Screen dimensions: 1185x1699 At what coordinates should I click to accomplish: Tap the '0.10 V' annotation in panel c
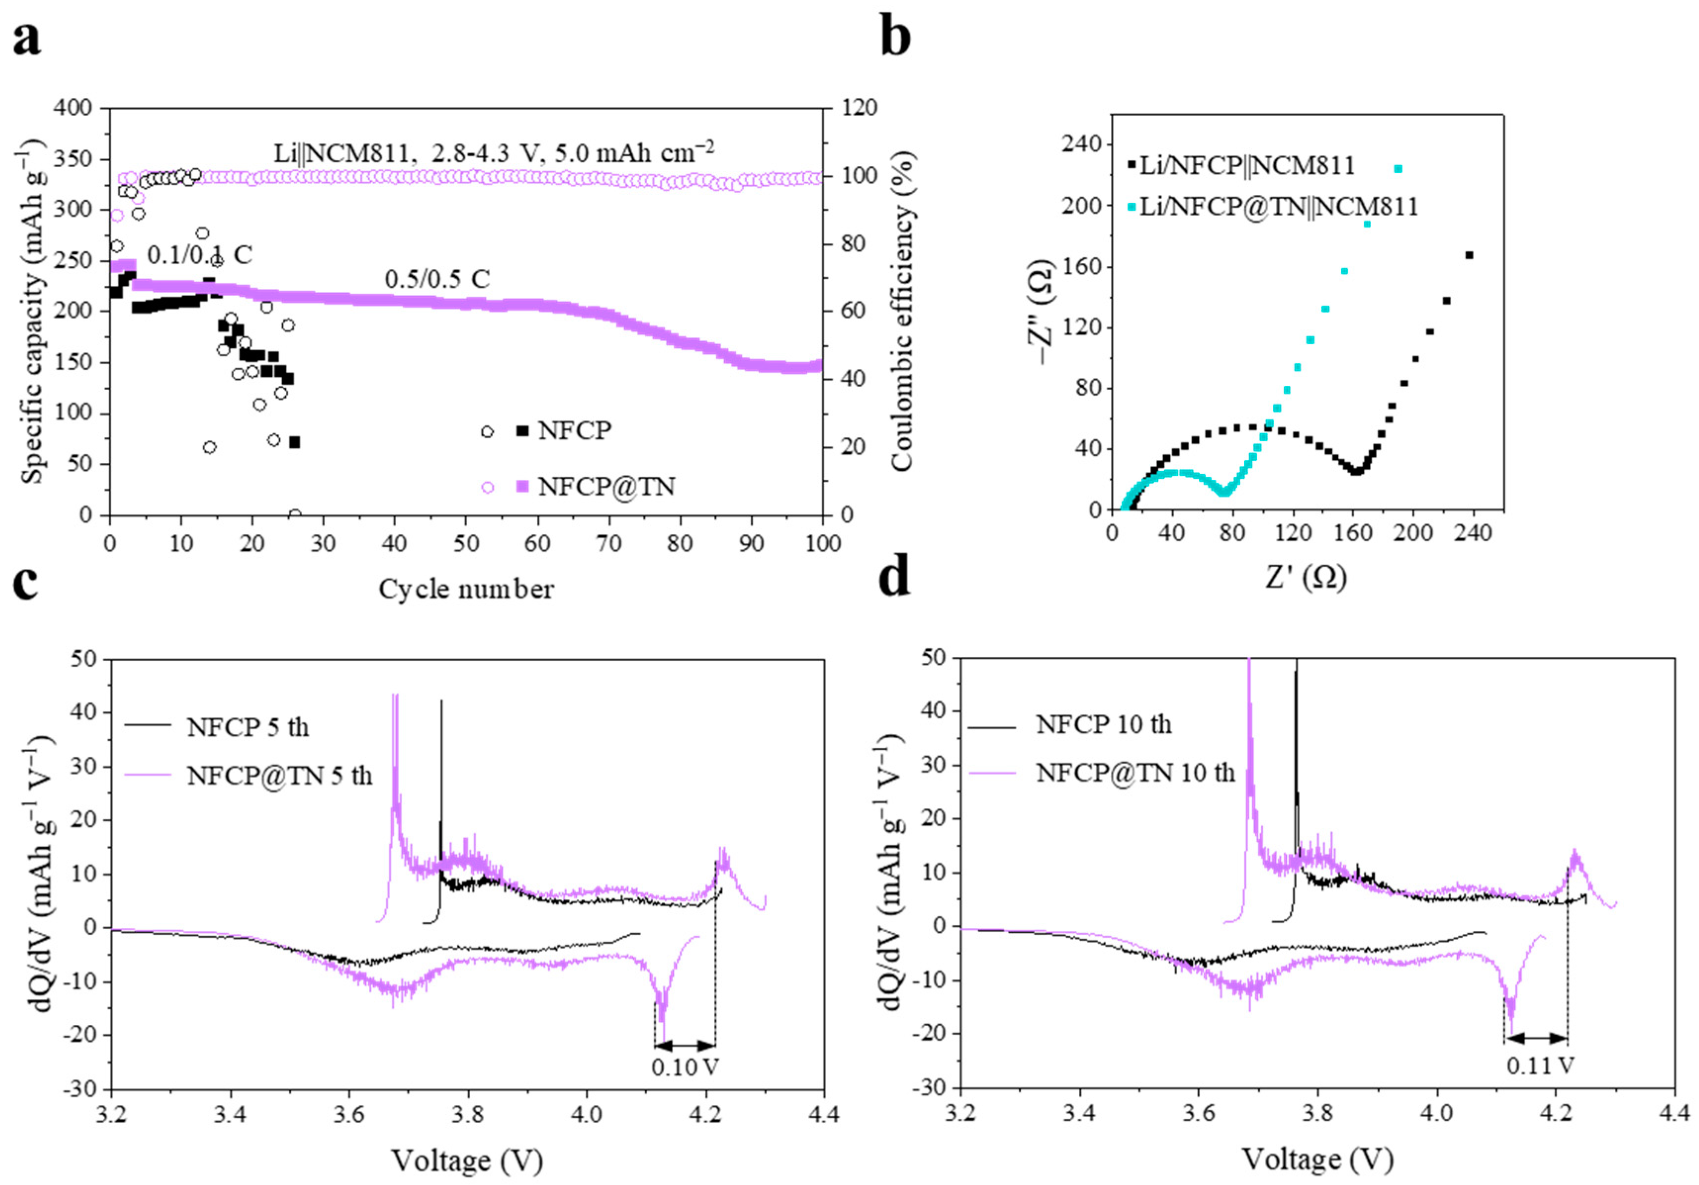[685, 1067]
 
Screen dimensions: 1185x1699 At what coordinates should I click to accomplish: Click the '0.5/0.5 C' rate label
[436, 279]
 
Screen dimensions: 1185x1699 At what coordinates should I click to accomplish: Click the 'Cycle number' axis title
[466, 589]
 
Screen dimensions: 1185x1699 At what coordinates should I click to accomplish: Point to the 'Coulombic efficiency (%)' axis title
[902, 311]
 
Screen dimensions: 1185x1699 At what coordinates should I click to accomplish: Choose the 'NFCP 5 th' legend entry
[248, 727]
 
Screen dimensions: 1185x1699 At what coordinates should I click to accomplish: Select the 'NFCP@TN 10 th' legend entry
[1135, 773]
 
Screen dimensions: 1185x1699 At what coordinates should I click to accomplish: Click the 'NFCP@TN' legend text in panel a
[606, 486]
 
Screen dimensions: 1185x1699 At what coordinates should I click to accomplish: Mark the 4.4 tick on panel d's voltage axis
[1674, 1113]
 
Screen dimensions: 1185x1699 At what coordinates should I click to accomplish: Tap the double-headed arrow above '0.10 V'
[685, 1045]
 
